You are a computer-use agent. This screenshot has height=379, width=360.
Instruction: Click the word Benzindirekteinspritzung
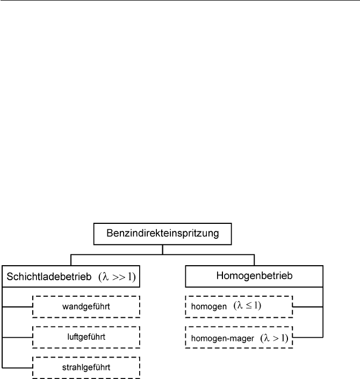coord(163,234)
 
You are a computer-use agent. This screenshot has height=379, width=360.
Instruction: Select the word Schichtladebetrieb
coord(49,277)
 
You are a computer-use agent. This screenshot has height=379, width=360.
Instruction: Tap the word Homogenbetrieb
coord(254,276)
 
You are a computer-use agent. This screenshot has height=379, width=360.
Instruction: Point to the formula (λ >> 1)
coord(117,277)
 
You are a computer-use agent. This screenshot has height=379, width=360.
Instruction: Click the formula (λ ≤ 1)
coord(247,305)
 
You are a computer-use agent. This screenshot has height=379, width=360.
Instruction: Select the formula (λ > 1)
coord(275,338)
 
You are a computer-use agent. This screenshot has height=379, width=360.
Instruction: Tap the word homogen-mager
coord(222,338)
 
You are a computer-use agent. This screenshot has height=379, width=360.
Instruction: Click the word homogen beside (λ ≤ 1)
coord(209,307)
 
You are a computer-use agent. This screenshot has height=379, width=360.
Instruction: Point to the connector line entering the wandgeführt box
coord(17,307)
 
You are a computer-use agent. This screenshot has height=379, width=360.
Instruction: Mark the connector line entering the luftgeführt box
coord(17,337)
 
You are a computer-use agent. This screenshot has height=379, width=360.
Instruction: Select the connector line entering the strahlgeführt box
coord(17,368)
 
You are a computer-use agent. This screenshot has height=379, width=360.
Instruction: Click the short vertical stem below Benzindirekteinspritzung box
coord(163,250)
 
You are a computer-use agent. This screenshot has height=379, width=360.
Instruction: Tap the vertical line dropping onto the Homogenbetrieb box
coord(254,260)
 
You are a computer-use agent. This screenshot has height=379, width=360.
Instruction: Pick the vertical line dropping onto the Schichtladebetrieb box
coord(71,260)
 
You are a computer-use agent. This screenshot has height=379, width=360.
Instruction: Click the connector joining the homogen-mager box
coord(308,337)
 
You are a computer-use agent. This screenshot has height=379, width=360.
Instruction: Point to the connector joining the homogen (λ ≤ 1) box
coord(308,307)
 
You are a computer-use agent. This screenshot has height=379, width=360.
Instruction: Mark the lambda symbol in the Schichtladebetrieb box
coord(105,276)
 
